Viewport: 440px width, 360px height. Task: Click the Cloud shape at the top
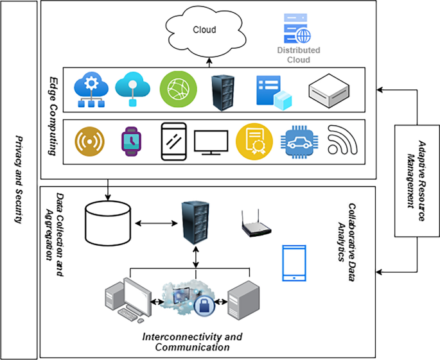click(205, 30)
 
